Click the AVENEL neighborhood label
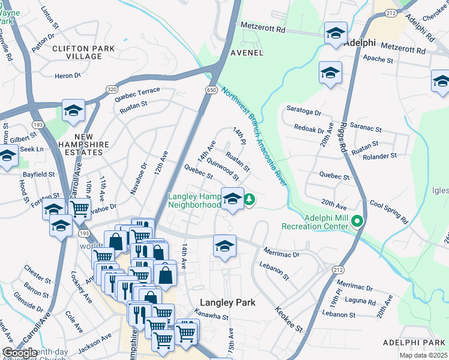(247, 52)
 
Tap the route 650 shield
(211, 90)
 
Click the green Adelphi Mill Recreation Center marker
(357, 221)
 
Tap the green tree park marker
(248, 200)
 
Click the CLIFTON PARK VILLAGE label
(77, 52)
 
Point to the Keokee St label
(289, 319)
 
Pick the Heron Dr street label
(67, 76)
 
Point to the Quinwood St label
(222, 170)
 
